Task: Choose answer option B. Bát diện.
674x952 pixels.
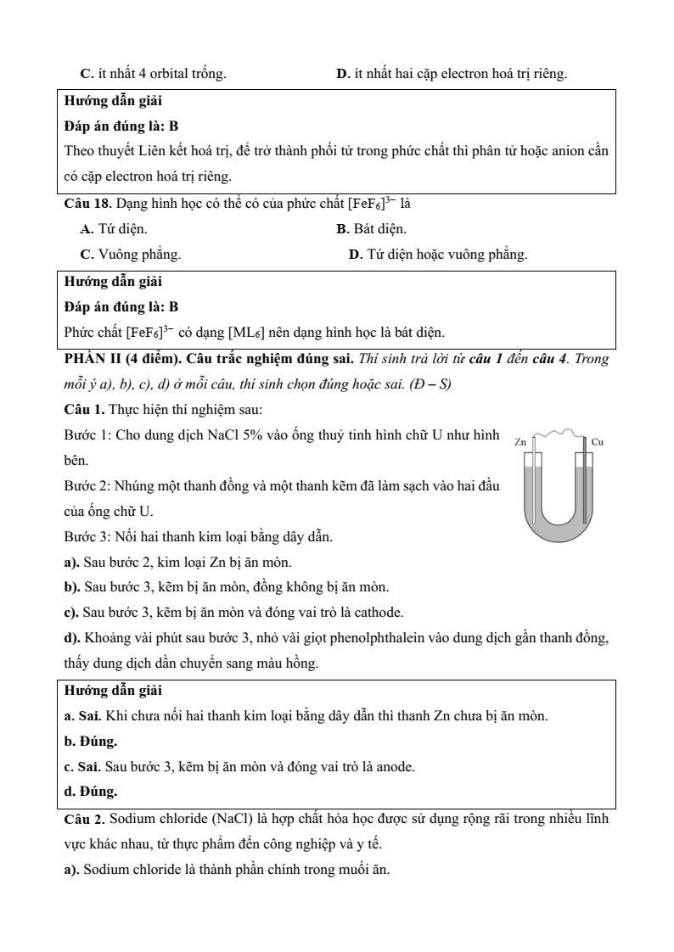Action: click(371, 229)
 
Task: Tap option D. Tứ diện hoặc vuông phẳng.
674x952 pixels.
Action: click(438, 255)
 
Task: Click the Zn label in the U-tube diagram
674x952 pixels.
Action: click(520, 442)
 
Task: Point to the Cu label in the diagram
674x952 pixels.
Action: click(597, 442)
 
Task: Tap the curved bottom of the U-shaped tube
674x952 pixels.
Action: click(558, 530)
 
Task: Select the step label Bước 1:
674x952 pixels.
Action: click(85, 435)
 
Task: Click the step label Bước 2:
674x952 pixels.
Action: click(85, 486)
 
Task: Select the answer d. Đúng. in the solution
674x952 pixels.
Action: click(91, 792)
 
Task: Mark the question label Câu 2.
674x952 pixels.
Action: click(85, 820)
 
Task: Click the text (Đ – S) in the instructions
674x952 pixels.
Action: click(430, 384)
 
